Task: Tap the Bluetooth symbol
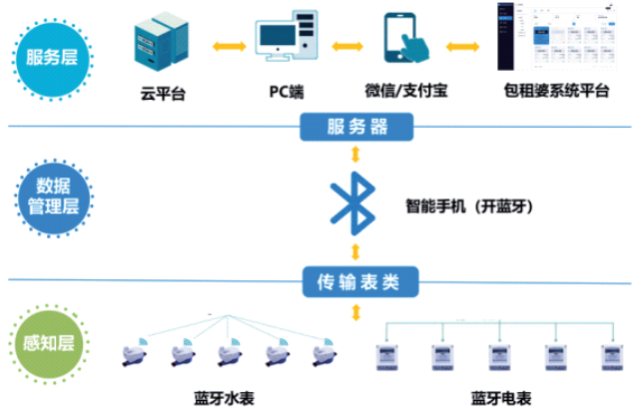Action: click(355, 205)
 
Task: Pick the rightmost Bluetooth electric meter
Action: click(608, 357)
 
